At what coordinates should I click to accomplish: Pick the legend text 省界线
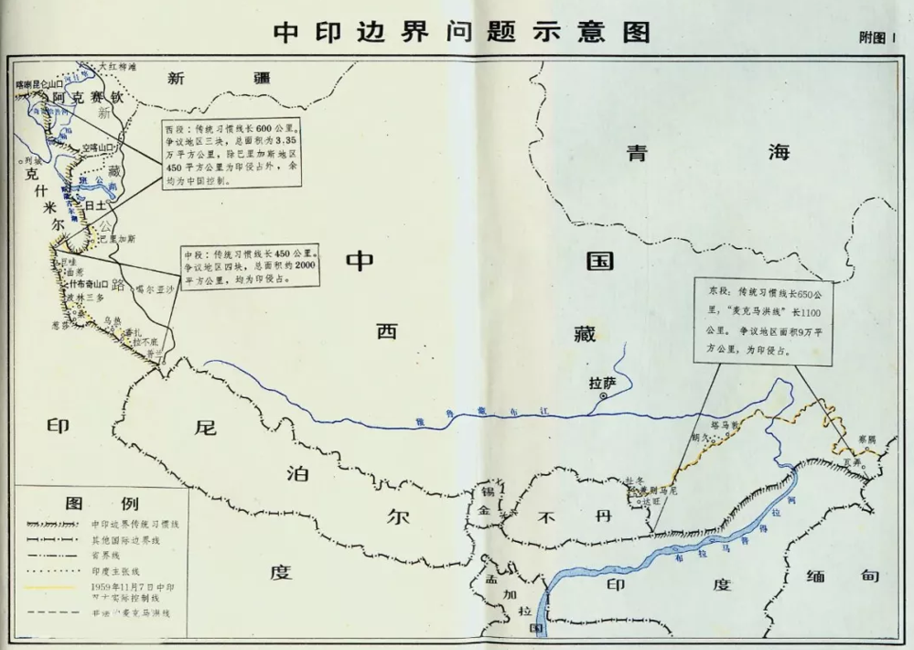pos(113,556)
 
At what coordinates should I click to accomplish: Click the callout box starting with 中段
pos(250,266)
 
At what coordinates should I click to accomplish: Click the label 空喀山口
pos(101,146)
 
